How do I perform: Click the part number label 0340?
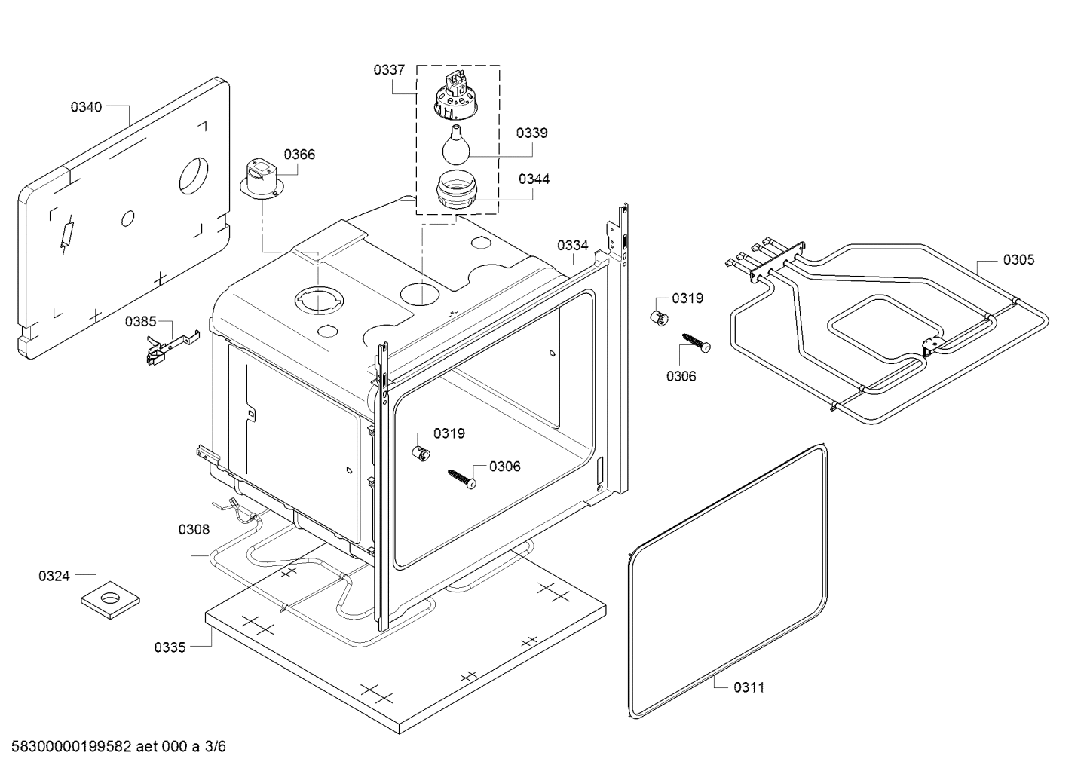pos(87,107)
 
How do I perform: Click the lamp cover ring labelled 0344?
pos(457,192)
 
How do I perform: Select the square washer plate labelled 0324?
pos(110,600)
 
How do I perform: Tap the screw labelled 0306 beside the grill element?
pos(697,342)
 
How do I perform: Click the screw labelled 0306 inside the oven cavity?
pos(461,479)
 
